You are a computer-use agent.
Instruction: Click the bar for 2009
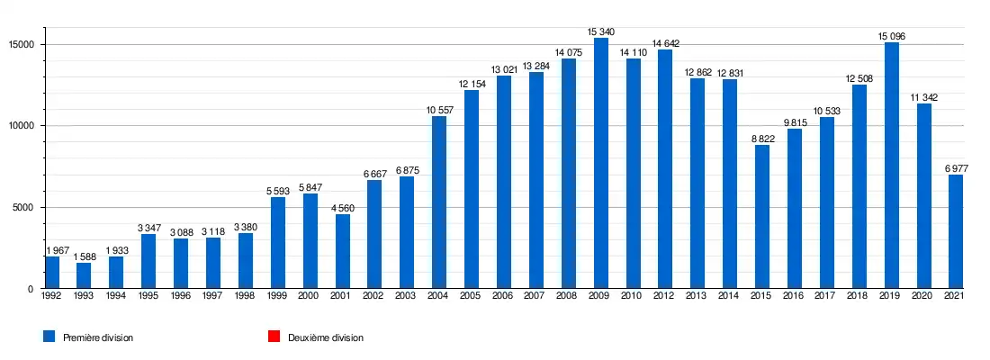(600, 164)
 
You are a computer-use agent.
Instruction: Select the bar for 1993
(84, 275)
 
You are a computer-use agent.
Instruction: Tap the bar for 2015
(762, 217)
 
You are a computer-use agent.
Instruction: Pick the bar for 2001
(342, 251)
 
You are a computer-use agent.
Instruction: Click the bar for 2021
(956, 231)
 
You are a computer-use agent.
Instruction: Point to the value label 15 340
(600, 32)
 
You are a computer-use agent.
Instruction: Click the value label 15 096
(891, 37)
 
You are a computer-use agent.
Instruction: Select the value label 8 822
(762, 139)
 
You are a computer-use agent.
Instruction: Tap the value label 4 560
(342, 208)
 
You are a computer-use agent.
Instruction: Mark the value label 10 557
(439, 111)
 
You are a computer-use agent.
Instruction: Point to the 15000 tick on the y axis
(21, 44)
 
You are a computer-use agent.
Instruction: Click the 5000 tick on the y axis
(23, 207)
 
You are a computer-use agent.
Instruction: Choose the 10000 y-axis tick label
(21, 126)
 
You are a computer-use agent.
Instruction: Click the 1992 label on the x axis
(51, 297)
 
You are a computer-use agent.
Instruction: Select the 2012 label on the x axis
(665, 297)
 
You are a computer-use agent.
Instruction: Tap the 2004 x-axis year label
(439, 297)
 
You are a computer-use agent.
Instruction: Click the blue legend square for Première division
(49, 337)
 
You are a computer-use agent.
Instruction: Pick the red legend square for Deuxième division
(273, 337)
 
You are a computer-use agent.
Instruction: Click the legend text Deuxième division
(326, 337)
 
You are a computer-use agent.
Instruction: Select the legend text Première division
(98, 337)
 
